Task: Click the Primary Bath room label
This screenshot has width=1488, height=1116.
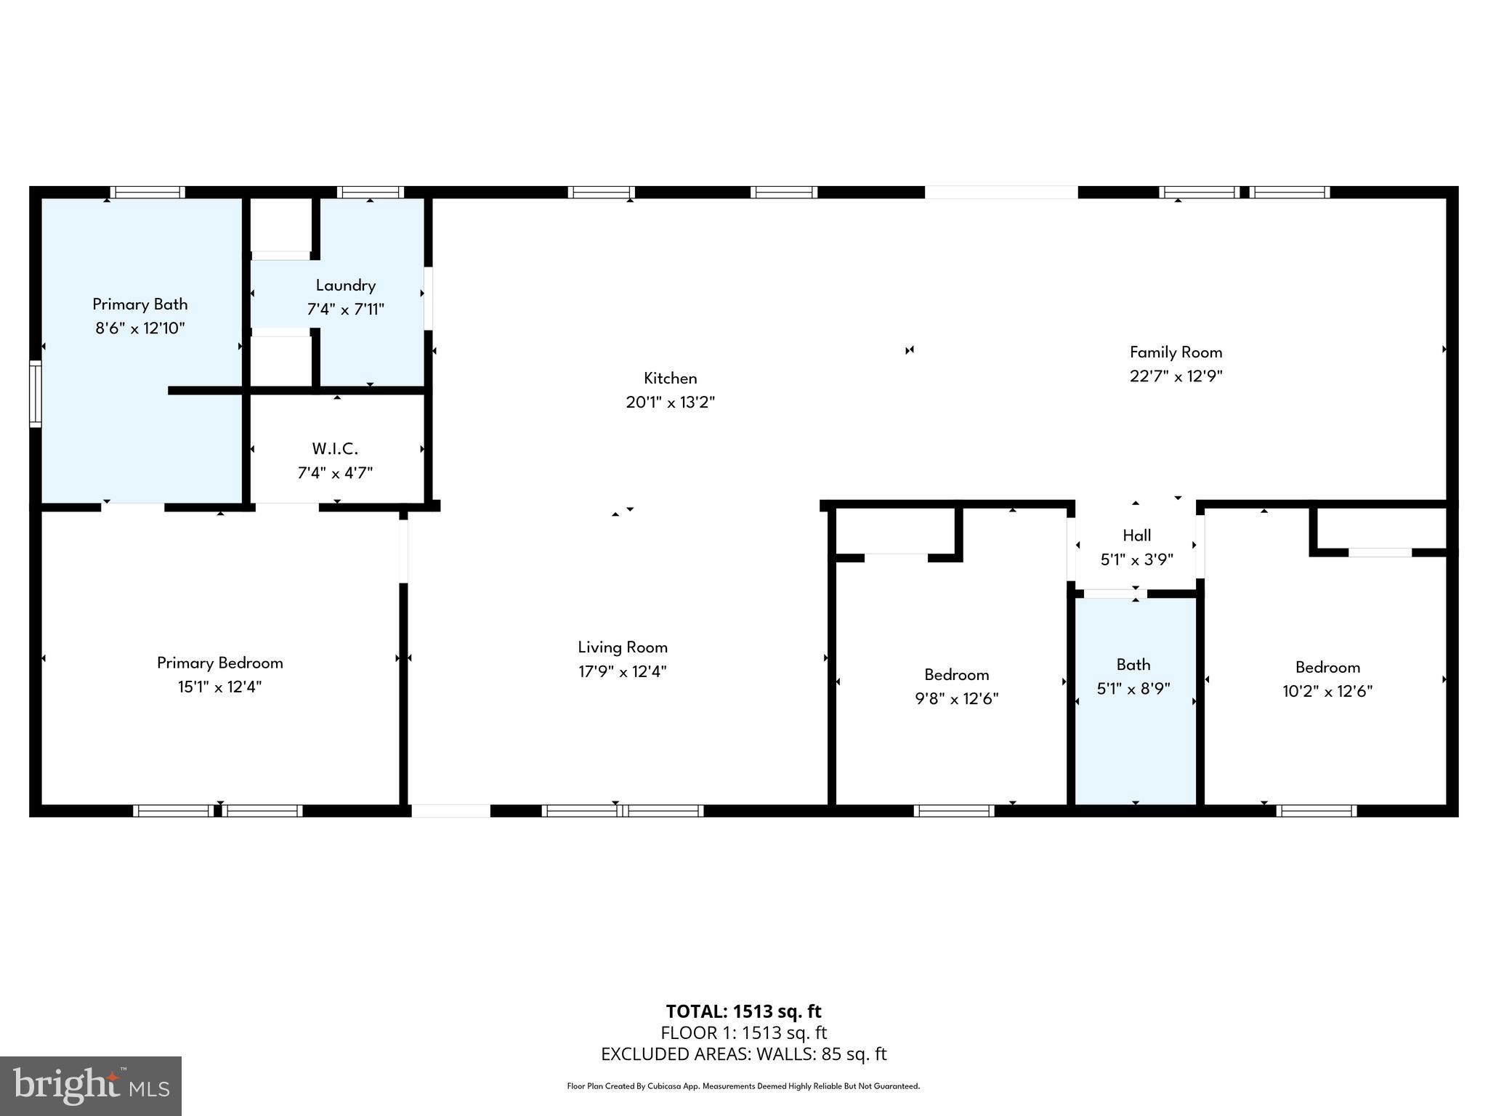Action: (x=139, y=304)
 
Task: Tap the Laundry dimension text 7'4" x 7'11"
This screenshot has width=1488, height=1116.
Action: (x=345, y=310)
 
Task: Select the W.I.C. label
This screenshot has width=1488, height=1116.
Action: (x=335, y=449)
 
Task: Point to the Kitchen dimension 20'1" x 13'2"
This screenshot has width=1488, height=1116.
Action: (x=670, y=403)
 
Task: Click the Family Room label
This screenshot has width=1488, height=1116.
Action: (x=1176, y=352)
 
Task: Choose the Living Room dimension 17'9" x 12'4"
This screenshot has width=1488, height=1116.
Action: (x=622, y=672)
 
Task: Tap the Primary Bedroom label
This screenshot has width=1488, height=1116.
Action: (x=219, y=663)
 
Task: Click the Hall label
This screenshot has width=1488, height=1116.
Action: (x=1136, y=535)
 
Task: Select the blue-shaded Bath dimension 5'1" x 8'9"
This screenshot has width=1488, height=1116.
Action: (x=1133, y=689)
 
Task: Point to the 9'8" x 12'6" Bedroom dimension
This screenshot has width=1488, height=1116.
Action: (x=956, y=699)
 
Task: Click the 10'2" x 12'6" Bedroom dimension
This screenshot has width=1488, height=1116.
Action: (x=1327, y=692)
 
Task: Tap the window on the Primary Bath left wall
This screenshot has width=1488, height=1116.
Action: (x=35, y=393)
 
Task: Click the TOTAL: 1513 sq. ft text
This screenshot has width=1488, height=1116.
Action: (x=743, y=1011)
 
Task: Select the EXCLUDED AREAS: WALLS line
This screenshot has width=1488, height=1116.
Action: (x=743, y=1054)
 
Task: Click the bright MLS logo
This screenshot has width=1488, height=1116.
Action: (x=90, y=1085)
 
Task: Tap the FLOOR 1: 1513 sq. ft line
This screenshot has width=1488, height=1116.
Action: (x=743, y=1032)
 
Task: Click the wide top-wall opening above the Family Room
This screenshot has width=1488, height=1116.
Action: (x=1000, y=193)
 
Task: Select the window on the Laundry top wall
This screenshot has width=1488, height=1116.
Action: (x=371, y=193)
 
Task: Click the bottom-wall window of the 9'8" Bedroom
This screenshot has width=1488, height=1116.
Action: (x=953, y=811)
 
